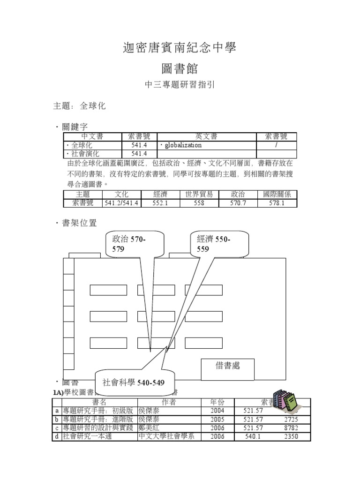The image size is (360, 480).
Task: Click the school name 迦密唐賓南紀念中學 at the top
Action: tap(180, 47)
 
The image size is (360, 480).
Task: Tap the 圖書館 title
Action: tap(180, 69)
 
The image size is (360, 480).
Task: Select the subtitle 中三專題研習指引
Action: tap(180, 86)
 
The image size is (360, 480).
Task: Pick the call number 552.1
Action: tap(160, 203)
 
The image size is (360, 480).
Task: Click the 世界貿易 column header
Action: tap(199, 195)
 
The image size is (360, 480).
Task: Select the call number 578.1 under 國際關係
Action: tap(277, 203)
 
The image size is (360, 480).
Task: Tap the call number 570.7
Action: tap(238, 203)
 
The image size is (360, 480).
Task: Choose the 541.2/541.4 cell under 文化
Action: tap(121, 203)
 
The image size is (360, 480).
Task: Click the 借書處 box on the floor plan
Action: tap(227, 366)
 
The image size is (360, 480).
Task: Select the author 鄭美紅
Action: tap(149, 428)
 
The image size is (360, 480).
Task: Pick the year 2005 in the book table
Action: tap(217, 420)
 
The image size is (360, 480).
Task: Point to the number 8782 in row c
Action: tap(291, 428)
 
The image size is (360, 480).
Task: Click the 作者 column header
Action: tap(168, 402)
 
